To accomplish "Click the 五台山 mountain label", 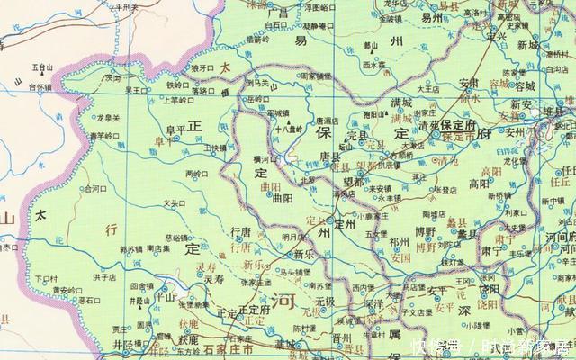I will [42, 67].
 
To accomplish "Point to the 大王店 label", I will [427, 90].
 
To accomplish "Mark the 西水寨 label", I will [373, 65].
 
